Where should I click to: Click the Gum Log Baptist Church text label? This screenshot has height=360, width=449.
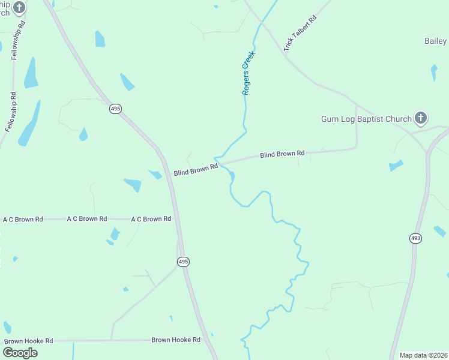tap(366, 119)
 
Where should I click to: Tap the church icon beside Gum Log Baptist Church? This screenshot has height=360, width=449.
tap(421, 118)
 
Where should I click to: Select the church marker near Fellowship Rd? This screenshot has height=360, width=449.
tap(20, 7)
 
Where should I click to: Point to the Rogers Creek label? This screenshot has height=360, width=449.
tap(249, 73)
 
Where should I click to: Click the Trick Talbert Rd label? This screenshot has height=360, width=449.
tap(300, 32)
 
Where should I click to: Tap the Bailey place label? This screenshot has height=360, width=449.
tap(436, 41)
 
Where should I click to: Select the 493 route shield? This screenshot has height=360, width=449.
tap(416, 238)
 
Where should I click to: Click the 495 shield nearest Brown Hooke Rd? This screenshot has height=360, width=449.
tap(184, 262)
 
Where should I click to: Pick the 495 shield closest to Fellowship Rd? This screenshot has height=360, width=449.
tap(116, 109)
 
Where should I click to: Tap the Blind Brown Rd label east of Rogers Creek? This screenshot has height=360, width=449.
tap(282, 154)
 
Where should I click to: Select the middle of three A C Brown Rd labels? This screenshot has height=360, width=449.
tap(87, 219)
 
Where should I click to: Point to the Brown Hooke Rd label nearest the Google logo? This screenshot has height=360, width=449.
tap(29, 341)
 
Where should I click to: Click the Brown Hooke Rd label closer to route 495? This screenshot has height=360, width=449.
tap(176, 340)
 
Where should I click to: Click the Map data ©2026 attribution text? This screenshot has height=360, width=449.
tap(424, 355)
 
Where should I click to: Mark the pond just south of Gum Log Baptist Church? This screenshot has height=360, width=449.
tap(396, 165)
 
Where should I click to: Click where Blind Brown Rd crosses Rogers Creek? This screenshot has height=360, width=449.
tap(220, 163)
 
